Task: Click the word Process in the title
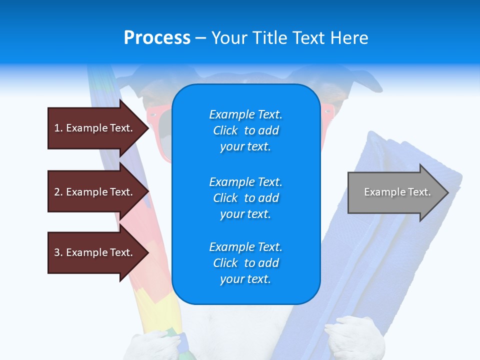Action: pyautogui.click(x=157, y=38)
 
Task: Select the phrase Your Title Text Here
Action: pyautogui.click(x=289, y=38)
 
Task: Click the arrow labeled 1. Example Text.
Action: pyautogui.click(x=95, y=128)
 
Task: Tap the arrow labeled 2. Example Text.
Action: pyautogui.click(x=95, y=192)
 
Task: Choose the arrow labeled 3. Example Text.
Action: pyautogui.click(x=95, y=252)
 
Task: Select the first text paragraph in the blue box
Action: pyautogui.click(x=245, y=130)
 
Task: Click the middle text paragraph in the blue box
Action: pyautogui.click(x=245, y=197)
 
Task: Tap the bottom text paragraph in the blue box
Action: pyautogui.click(x=245, y=263)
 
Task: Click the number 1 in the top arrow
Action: pyautogui.click(x=57, y=128)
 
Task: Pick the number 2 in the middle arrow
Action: pyautogui.click(x=57, y=192)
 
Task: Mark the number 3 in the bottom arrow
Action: pyautogui.click(x=57, y=252)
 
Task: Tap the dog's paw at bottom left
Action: pyautogui.click(x=150, y=345)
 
